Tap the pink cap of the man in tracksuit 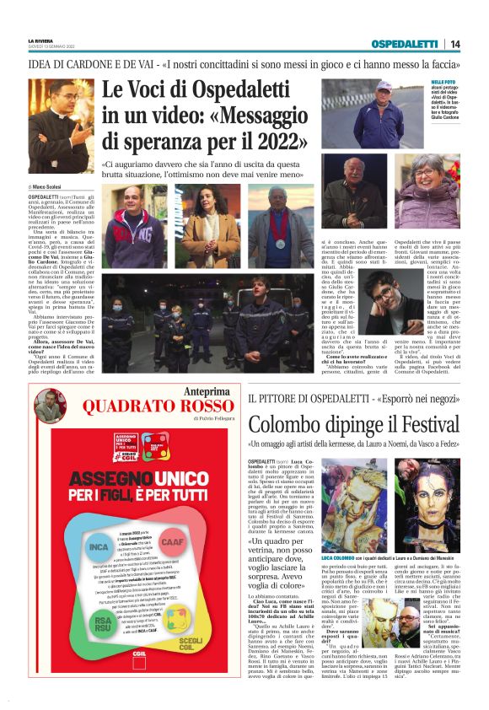pos(384,85)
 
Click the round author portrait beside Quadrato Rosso pos(51,406)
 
